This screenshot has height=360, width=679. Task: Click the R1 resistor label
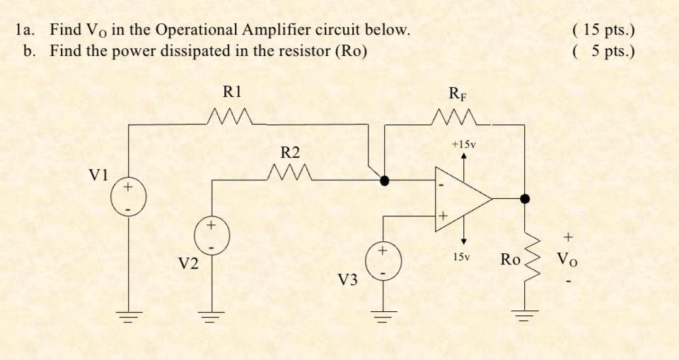pos(232,91)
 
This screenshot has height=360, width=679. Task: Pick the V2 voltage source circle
pos(209,236)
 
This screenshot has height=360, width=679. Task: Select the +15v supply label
pos(463,144)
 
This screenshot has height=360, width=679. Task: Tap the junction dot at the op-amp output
pos(524,199)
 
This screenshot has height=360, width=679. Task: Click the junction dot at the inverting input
pos(384,181)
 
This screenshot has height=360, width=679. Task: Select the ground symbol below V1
pos(129,315)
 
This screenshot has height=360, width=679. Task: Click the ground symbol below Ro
pos(523,315)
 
